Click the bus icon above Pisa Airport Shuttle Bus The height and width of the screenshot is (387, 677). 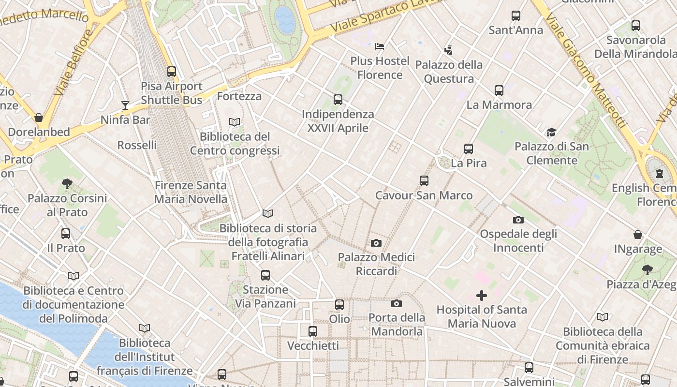coord(172,72)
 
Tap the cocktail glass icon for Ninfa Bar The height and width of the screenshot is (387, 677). coord(125,105)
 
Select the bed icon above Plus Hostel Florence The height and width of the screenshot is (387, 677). coord(380,46)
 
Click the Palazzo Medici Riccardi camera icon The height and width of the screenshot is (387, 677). coord(376,243)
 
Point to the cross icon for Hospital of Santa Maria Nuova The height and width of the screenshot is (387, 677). coord(482,295)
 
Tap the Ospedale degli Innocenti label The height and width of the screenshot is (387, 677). coord(518,240)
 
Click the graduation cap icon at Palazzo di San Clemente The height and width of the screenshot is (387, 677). coord(551,132)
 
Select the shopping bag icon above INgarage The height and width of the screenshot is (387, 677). coord(638,235)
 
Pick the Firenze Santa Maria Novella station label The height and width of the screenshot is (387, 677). coord(191,192)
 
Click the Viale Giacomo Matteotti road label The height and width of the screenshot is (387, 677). coord(586,70)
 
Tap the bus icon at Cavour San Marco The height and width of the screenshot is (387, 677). coord(424,181)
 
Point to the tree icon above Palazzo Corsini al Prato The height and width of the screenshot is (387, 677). coord(67,184)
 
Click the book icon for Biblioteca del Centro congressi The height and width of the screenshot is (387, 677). coord(235,122)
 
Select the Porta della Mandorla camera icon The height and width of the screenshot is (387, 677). coord(397,303)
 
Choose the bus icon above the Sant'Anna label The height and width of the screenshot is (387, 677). coord(516,16)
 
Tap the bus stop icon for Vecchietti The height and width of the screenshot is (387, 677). coord(313,331)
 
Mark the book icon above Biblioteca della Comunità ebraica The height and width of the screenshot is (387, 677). coord(602,317)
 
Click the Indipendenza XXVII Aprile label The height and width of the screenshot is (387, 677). coord(338,121)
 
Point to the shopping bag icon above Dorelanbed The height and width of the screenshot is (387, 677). coord(39,118)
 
